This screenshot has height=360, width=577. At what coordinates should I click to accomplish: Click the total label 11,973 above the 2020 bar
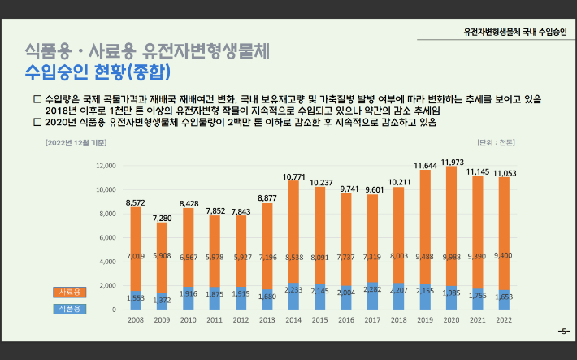(x=453, y=163)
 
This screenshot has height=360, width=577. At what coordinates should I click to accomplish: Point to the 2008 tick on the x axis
(x=135, y=320)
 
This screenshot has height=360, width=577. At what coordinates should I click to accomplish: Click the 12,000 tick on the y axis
(x=106, y=166)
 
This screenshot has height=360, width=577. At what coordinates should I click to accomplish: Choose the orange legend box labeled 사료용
(x=67, y=292)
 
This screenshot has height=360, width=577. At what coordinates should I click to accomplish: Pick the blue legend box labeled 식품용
(x=67, y=309)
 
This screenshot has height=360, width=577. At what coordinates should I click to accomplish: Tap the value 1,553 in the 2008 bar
(x=135, y=298)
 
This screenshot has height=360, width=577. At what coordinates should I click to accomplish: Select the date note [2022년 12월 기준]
(x=76, y=143)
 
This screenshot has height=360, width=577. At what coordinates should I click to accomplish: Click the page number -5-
(x=563, y=332)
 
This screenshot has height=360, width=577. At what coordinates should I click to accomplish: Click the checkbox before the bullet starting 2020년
(x=37, y=122)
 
